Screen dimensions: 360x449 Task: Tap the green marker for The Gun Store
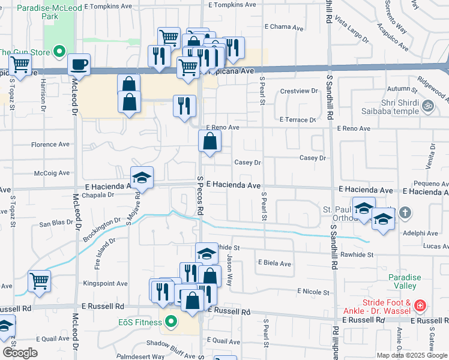59,53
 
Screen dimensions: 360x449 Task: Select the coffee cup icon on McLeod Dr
79,64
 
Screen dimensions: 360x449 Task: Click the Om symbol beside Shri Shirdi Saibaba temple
427,106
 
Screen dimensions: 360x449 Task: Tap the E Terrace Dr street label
297,120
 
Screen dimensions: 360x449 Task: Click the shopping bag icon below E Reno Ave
210,142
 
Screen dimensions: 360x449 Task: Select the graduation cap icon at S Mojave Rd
142,178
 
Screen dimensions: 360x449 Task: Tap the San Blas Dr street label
56,223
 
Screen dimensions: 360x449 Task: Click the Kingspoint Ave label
105,283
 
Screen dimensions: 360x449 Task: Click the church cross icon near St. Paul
405,212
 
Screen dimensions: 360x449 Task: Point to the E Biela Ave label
274,263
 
